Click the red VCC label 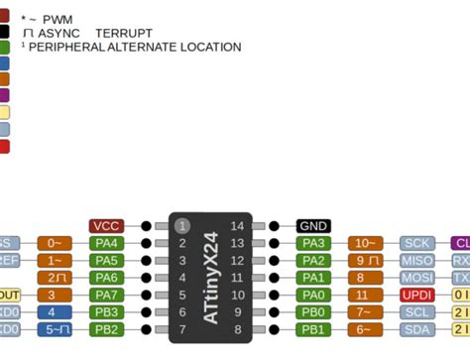(106, 226)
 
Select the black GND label (313, 226)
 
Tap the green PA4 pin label (106, 243)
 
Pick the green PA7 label (106, 295)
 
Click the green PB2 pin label (106, 329)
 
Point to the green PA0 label (313, 295)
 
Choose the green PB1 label (313, 329)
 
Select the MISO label (416, 260)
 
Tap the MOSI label (416, 278)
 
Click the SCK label (416, 243)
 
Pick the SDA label (416, 329)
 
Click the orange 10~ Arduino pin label (365, 243)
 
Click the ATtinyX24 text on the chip (210, 278)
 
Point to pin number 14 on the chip (237, 226)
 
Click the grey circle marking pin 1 (181, 226)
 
